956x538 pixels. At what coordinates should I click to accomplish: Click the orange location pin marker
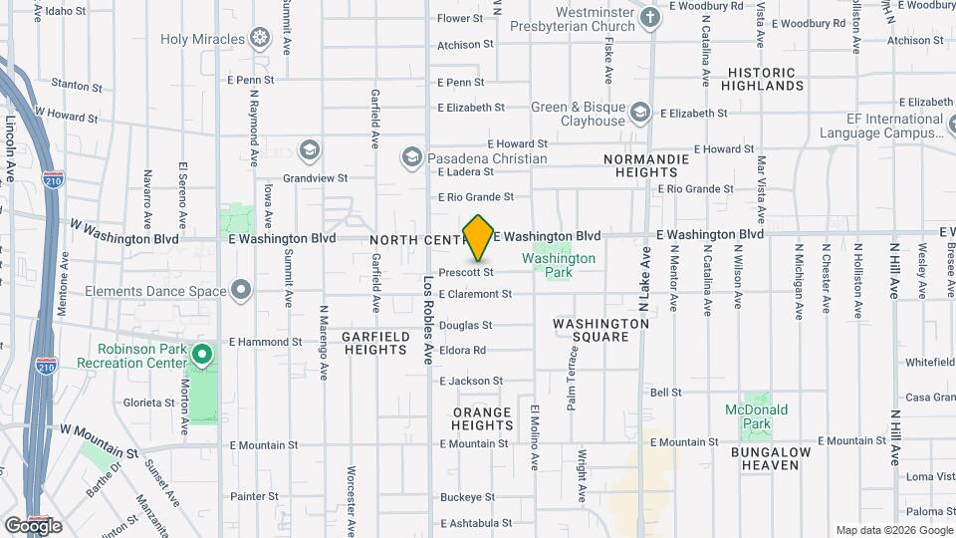click(x=479, y=238)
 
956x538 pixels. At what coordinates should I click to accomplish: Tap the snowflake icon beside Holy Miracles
click(x=260, y=39)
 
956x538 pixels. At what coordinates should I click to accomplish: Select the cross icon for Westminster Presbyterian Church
click(x=650, y=18)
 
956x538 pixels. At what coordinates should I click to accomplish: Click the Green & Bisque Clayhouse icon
click(x=641, y=110)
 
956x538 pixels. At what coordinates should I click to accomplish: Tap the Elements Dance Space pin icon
click(x=241, y=291)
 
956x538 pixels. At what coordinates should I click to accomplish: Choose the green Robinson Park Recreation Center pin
click(x=202, y=355)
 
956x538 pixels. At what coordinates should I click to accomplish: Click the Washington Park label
click(x=559, y=259)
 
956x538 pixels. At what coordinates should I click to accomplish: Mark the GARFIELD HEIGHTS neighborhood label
click(x=375, y=344)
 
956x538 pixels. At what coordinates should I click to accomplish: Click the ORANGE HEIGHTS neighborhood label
click(x=482, y=418)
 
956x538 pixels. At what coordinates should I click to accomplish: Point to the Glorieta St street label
click(x=141, y=403)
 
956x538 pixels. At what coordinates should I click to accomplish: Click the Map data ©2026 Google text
click(x=892, y=530)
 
